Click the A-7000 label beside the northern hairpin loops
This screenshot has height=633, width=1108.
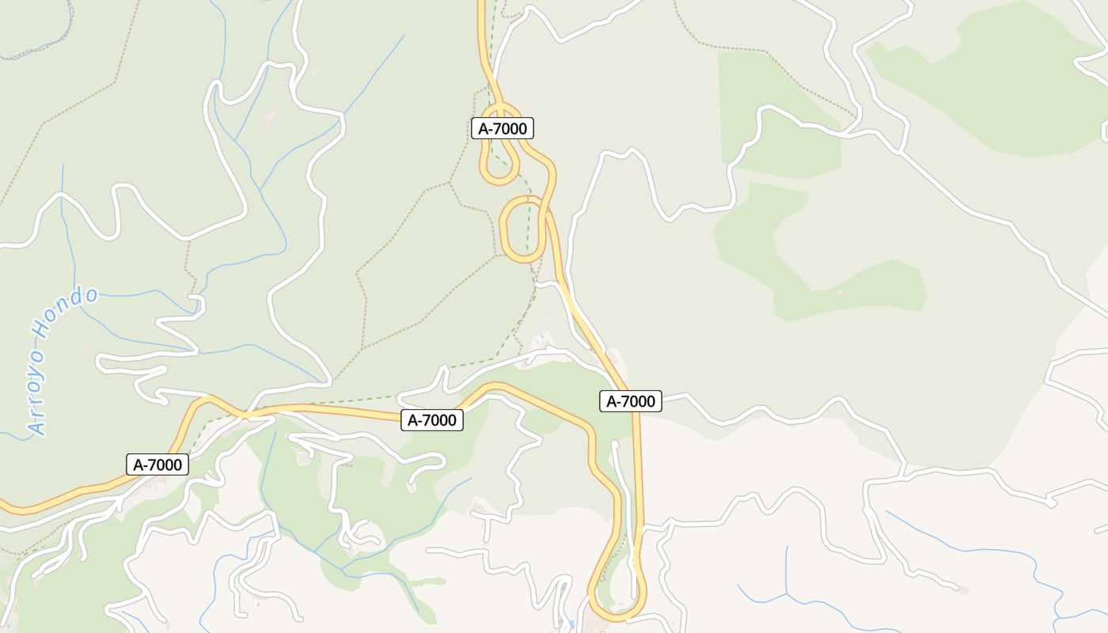pos(503,128)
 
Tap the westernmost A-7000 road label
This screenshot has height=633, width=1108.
pos(157,464)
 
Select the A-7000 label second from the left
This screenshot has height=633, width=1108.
pos(431,420)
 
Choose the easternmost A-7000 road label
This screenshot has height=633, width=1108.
pos(630,402)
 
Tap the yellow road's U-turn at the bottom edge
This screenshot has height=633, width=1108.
pos(617,614)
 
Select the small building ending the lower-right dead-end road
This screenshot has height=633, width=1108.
pos(962,590)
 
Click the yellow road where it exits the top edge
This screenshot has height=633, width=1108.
pos(480,4)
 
